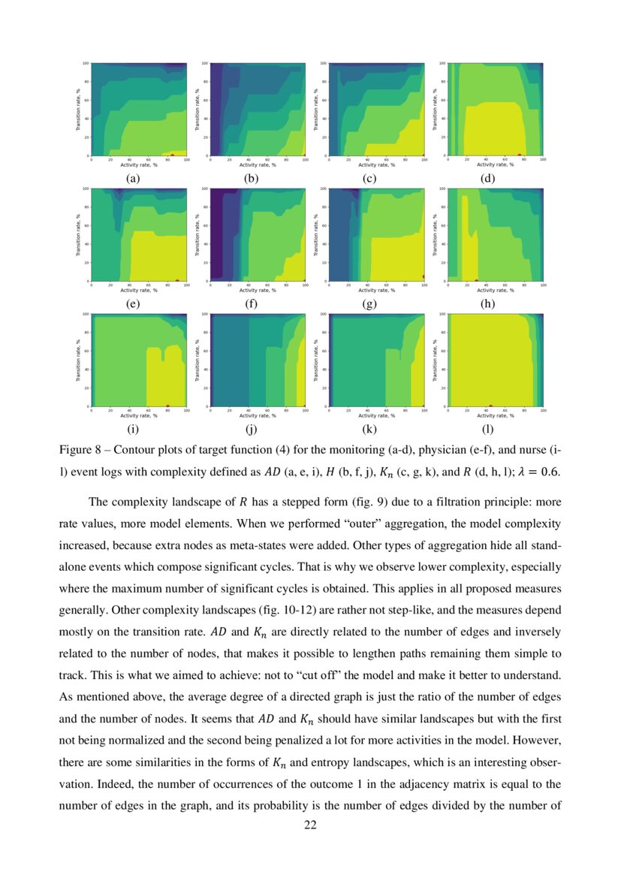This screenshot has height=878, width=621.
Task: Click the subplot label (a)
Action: [133, 179]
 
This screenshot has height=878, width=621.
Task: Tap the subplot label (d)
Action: [489, 179]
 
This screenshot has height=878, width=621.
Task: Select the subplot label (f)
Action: [252, 304]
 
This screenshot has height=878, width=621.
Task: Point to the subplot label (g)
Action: [369, 304]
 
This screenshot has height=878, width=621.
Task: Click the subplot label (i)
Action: [133, 430]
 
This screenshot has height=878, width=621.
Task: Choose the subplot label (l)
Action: [489, 430]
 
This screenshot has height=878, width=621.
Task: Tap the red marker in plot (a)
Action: [172, 155]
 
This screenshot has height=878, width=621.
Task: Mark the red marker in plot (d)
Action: [520, 155]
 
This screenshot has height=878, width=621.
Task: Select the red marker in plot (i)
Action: [167, 406]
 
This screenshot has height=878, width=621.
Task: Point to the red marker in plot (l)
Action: [491, 406]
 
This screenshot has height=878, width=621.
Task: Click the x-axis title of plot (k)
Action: [375, 415]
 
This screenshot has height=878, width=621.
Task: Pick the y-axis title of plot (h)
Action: [434, 234]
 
